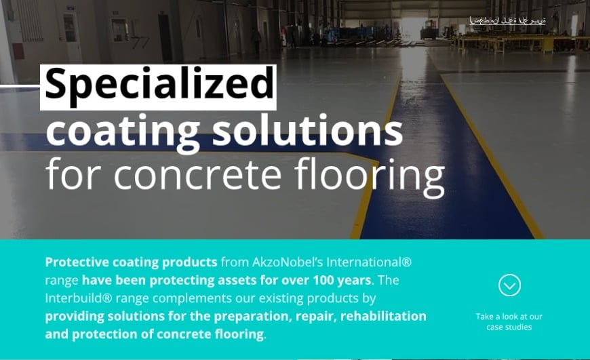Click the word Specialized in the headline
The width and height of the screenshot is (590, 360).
click(158, 86)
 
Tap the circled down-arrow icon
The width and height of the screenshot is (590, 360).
click(509, 285)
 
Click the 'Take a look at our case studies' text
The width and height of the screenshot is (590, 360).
click(509, 322)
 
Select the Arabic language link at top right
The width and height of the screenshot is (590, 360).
click(507, 20)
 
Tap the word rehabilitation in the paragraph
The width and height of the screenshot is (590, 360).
click(385, 316)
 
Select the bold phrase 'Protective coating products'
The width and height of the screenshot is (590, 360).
click(131, 262)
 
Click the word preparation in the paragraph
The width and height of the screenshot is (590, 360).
click(256, 316)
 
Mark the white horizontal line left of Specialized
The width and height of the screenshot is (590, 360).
click(20, 86)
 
